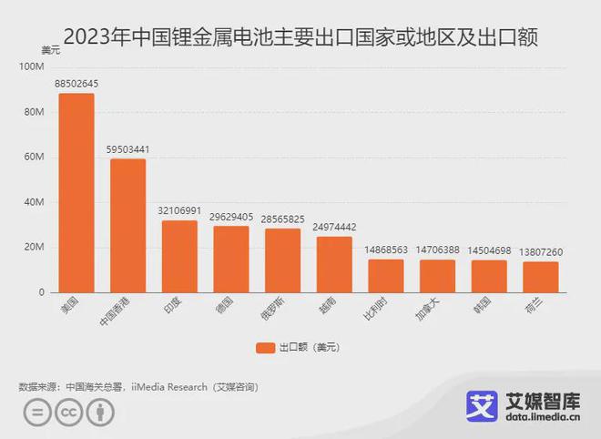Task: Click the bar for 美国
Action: pos(76,193)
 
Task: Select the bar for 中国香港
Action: pos(128,226)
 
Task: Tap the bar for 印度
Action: pos(179,257)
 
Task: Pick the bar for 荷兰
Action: pos(541,277)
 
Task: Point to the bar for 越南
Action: pos(334,265)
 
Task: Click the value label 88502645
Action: pos(76,85)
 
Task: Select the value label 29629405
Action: pos(231,217)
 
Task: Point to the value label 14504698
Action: pos(489,250)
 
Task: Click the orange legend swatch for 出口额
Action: pos(264,346)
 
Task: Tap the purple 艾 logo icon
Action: pos(482,407)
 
